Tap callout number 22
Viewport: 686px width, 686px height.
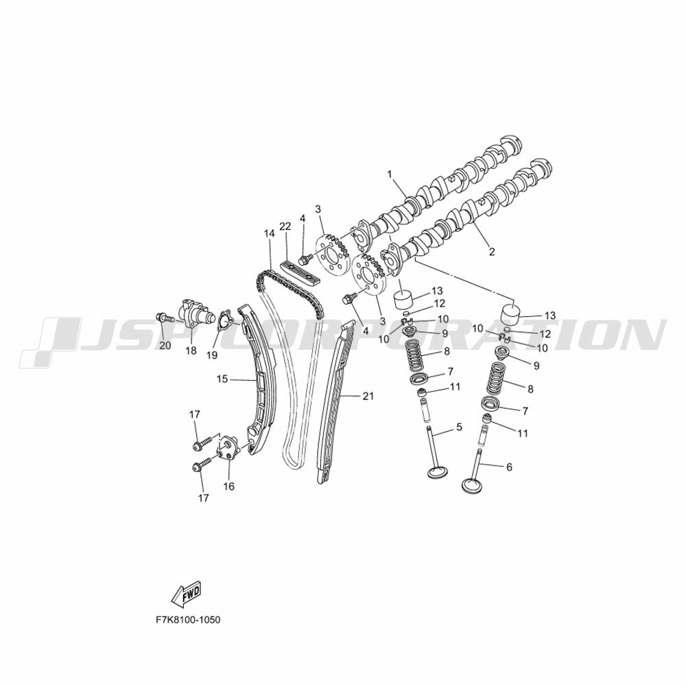coord(285,226)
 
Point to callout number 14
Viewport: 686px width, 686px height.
coord(269,234)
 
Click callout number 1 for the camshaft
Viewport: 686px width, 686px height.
coord(389,174)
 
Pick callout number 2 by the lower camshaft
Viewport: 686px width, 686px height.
coord(492,252)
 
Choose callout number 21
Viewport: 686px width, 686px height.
coord(368,396)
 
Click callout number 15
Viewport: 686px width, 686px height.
coord(222,379)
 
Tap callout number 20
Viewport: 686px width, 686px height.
coord(165,346)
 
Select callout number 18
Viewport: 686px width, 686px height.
coord(191,351)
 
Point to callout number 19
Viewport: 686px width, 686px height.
coord(212,355)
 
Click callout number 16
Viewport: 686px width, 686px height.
coord(229,486)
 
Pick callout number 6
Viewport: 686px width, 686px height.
coord(509,467)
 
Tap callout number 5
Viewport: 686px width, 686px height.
coord(459,427)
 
